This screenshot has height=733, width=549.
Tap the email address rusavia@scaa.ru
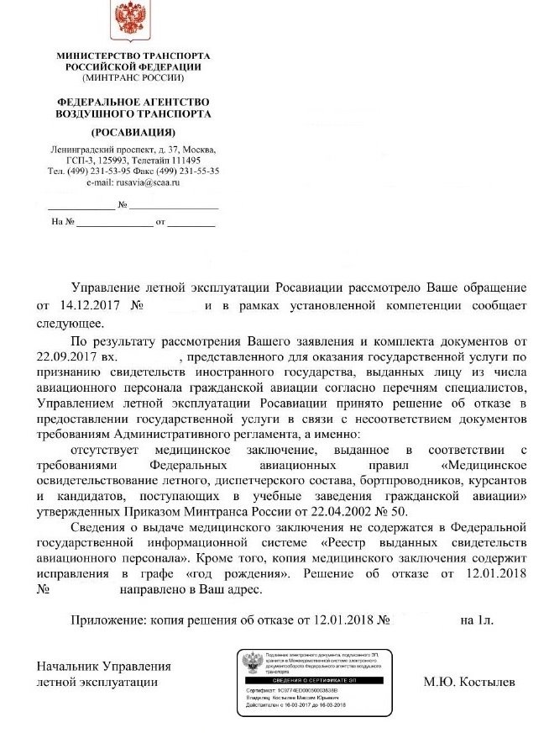148,182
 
